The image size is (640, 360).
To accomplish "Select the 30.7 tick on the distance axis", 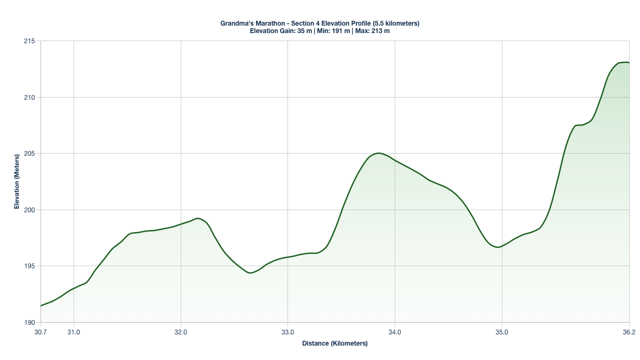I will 41,332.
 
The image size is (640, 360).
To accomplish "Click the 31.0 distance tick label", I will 74,332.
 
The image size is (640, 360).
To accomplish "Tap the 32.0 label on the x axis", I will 181,332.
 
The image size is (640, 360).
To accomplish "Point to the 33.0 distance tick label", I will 287,332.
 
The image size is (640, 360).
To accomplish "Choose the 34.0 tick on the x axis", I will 395,332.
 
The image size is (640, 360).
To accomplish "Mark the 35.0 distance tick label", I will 502,332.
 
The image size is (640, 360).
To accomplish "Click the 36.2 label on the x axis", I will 629,332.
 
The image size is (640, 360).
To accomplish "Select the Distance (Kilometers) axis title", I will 335,343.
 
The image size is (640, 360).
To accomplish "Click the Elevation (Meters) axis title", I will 17,182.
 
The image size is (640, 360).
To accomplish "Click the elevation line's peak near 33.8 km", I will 378,153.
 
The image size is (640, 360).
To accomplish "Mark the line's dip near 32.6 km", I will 250,273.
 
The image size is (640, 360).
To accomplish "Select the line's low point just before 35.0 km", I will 498,247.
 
